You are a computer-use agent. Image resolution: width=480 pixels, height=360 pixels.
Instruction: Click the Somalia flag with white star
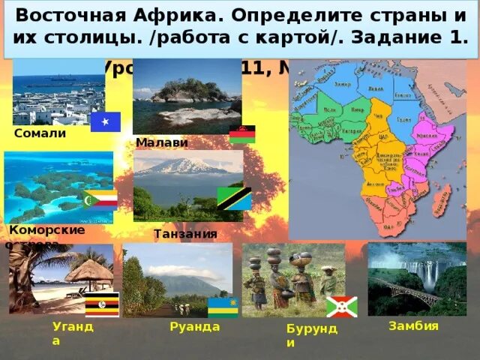point(106,121)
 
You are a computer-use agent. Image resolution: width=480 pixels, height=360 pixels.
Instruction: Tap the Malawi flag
point(242,133)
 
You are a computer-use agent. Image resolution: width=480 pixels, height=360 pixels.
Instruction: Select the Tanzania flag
point(234,198)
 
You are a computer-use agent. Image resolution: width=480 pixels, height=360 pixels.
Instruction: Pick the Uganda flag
point(102,305)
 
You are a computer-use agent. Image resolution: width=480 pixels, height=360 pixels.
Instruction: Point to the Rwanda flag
point(222,307)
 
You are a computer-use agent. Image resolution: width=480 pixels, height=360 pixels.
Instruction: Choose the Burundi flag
point(341,307)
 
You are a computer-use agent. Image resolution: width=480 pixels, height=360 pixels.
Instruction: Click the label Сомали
point(40,133)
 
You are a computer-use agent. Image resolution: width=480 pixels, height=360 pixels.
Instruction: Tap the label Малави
point(162,142)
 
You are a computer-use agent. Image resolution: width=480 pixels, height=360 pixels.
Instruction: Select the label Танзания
point(185,234)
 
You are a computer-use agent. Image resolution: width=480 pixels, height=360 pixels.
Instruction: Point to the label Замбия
point(413,325)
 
